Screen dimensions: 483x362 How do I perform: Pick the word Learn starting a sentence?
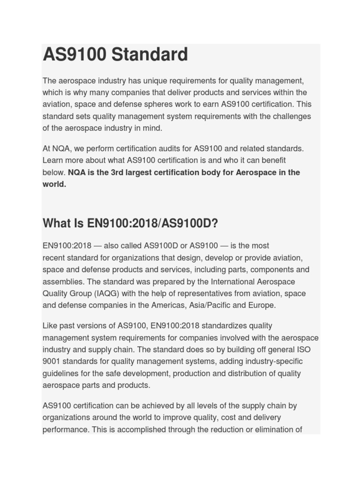click(52, 160)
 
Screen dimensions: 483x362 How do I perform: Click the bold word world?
click(54, 184)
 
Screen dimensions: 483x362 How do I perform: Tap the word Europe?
click(262, 305)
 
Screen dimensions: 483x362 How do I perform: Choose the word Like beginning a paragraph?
click(50, 326)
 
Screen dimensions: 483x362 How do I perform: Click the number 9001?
click(51, 361)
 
